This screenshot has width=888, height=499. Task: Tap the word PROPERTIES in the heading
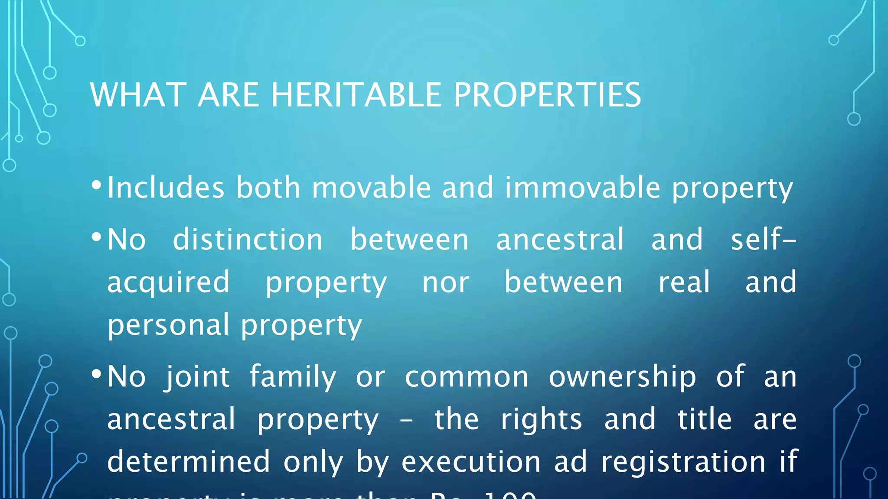coord(547,95)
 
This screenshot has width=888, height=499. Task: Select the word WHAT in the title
coord(138,95)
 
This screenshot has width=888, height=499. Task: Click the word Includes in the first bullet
coord(166,188)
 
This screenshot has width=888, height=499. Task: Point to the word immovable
coord(582,188)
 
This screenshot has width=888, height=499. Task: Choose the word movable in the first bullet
coord(371,188)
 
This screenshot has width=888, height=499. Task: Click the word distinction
coord(248,240)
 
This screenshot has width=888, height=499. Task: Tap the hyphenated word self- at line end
coord(763,240)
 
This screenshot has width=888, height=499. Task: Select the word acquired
coord(168,282)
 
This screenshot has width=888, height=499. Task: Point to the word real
coord(684,282)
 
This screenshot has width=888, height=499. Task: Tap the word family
coord(293,376)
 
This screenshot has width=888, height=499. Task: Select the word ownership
coord(622,376)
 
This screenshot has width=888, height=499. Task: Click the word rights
coord(541,419)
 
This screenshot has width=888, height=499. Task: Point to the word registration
coord(683,462)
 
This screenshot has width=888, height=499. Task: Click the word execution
coord(471,462)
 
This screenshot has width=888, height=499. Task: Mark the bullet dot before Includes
coord(96,186)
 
